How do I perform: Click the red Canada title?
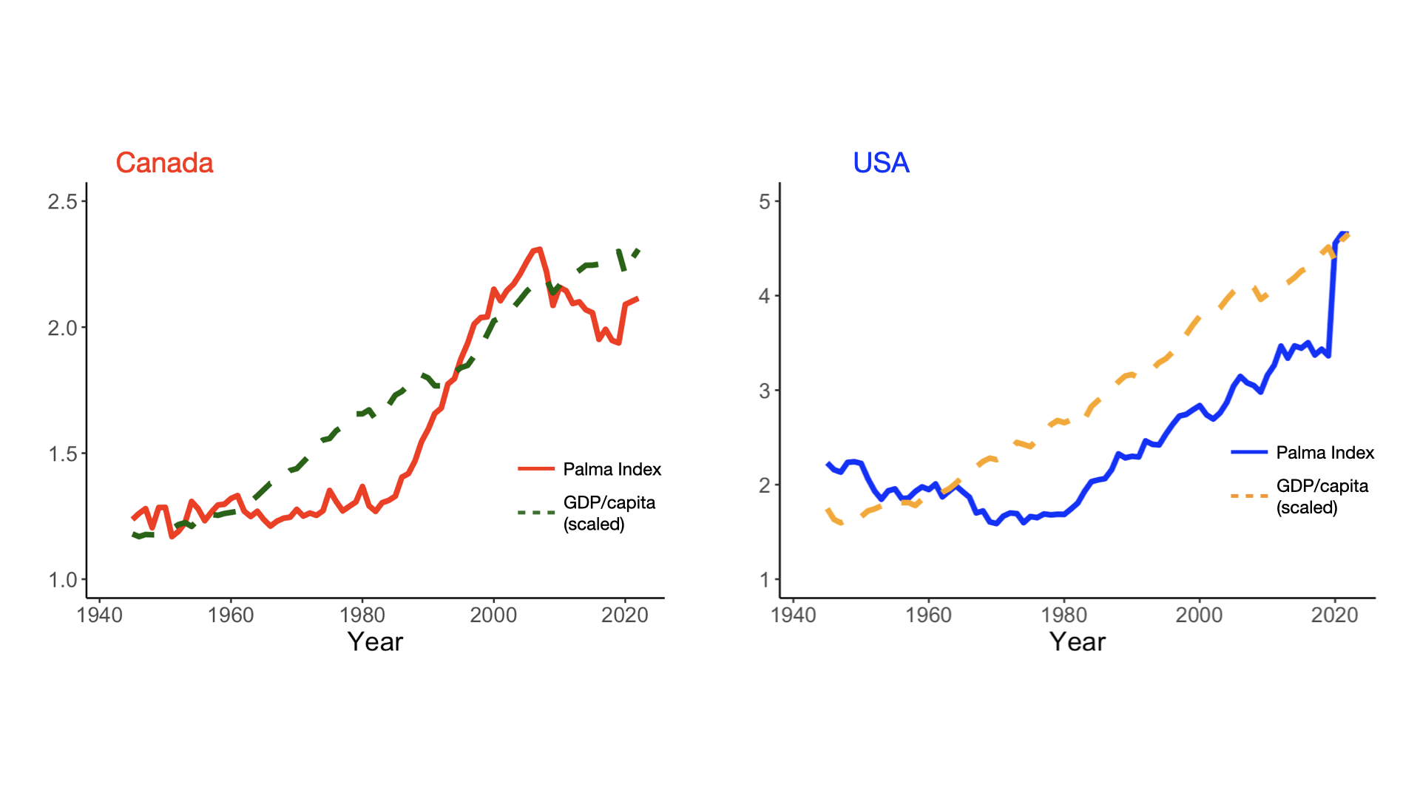164,163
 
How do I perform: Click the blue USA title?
881,163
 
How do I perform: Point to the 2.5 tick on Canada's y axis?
63,201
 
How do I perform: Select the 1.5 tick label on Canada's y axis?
63,454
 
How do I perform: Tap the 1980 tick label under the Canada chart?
362,615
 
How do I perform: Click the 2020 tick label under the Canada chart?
624,615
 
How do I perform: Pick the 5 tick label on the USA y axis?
765,201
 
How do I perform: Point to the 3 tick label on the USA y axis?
765,391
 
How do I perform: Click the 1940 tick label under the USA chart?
793,615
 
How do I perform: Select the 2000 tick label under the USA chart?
1199,615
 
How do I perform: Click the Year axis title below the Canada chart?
375,641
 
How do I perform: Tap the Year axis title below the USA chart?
1077,641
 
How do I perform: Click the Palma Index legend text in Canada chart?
612,469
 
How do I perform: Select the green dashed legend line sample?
536,512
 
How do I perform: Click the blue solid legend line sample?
1249,452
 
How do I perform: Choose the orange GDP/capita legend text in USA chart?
1322,496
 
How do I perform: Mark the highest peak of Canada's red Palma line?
538,249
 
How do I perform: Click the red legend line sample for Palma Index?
536,468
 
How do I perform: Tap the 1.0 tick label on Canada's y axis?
63,579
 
